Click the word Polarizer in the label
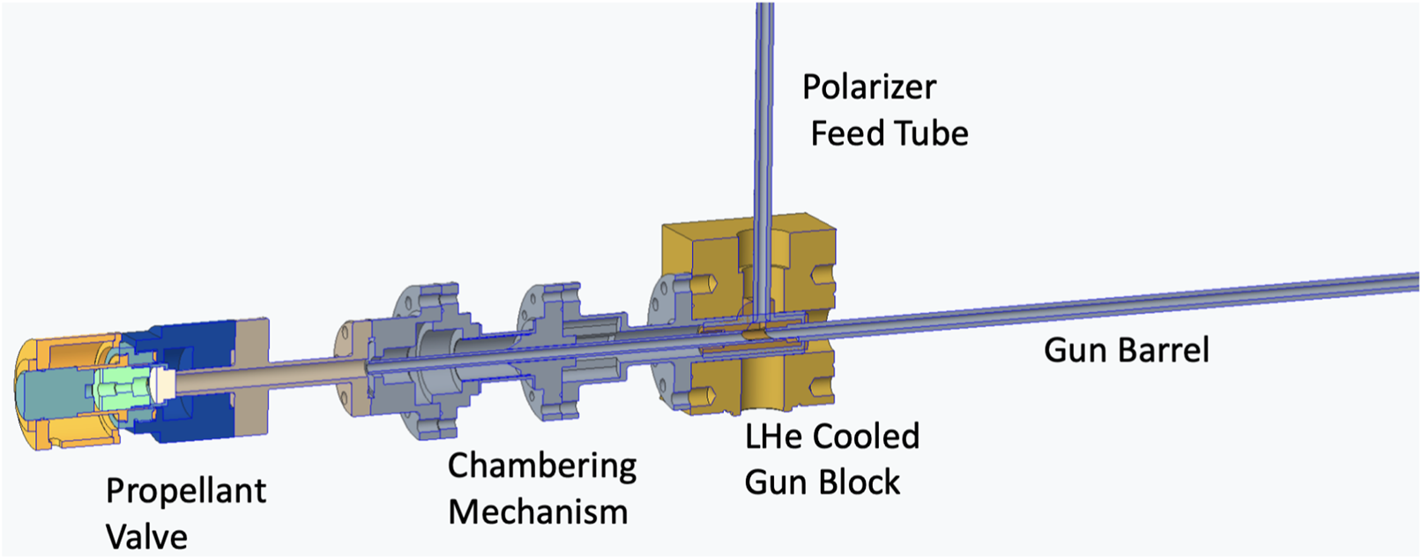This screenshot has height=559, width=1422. point(868,87)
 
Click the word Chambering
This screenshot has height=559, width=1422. point(541,466)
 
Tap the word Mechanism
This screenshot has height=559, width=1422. point(537,511)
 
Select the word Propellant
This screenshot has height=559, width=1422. point(185,491)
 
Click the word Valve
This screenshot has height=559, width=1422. point(146,537)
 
